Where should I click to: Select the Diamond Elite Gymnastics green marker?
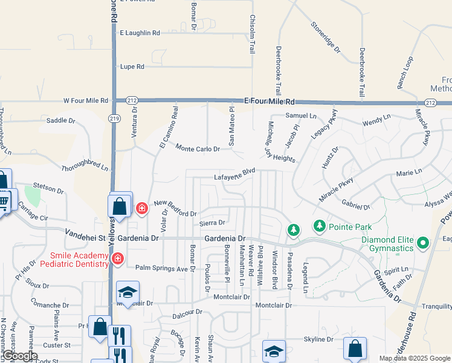(x=423, y=244)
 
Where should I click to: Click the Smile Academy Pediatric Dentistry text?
(x=73, y=260)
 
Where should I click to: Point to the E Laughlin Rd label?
(x=140, y=33)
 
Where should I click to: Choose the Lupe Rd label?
(x=132, y=67)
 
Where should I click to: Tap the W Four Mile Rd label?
(x=85, y=100)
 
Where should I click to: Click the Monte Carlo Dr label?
(x=198, y=148)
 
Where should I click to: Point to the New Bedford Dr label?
(x=175, y=209)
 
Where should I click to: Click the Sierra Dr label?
(x=211, y=223)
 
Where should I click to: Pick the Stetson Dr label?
(x=48, y=189)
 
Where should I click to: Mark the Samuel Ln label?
(x=300, y=115)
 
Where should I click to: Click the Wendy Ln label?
(x=376, y=123)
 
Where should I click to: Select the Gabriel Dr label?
(x=355, y=206)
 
